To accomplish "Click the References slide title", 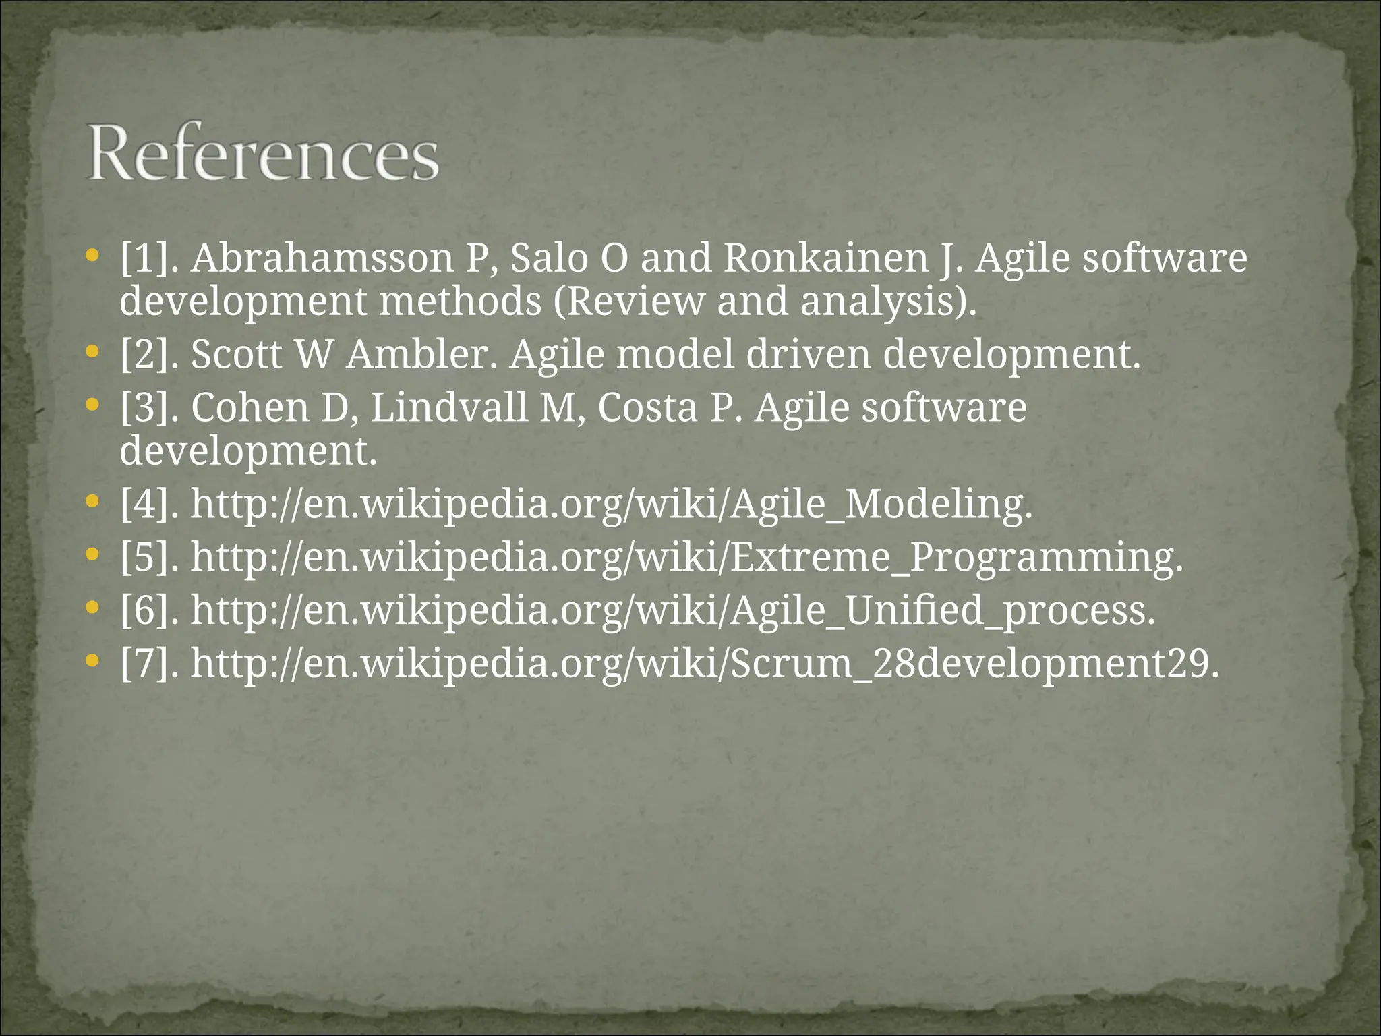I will pos(263,152).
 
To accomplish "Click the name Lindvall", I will pos(449,407).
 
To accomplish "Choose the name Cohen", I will pos(250,407).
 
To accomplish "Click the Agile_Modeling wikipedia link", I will pos(611,504).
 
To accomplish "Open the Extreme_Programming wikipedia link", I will pos(686,557).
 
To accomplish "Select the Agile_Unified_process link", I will pos(673,610).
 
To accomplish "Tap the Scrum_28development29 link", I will pos(705,664).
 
